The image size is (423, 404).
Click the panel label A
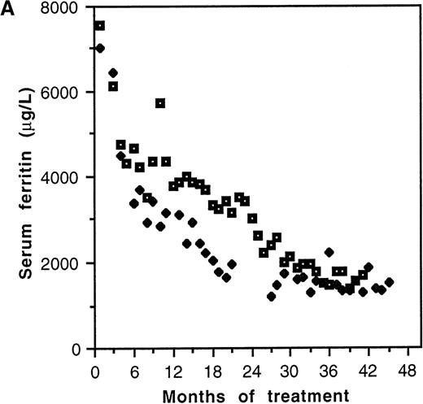(8, 11)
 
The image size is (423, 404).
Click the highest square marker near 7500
(99, 26)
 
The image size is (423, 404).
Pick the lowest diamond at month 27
(271, 297)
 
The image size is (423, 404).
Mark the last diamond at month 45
(389, 282)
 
